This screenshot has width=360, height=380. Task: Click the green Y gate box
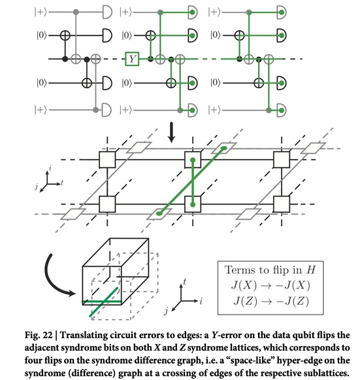tap(132, 59)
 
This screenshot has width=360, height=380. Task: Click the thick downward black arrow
tap(172, 132)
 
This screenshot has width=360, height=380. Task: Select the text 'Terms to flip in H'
tap(270, 270)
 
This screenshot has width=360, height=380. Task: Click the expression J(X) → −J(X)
tap(270, 285)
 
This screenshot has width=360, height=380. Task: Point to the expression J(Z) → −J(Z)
tap(271, 302)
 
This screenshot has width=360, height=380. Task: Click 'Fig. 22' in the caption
tap(39, 335)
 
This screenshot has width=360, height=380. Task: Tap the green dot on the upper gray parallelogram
tap(224, 148)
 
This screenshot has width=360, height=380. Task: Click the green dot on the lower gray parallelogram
tap(159, 213)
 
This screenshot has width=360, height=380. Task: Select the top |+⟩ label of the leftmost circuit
tap(41, 12)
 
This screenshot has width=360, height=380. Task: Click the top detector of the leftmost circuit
tap(107, 12)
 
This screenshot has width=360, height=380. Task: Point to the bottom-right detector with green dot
tap(282, 111)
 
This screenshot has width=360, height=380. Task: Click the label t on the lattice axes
tap(62, 182)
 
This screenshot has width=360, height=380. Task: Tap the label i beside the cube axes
tap(201, 302)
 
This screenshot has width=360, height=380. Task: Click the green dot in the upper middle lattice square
tap(193, 160)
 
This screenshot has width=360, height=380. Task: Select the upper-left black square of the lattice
tap(107, 160)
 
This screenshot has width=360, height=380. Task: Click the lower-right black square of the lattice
tap(282, 204)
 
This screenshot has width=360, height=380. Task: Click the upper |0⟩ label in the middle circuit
tap(127, 35)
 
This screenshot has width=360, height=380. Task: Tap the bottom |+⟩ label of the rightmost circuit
tap(214, 111)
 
